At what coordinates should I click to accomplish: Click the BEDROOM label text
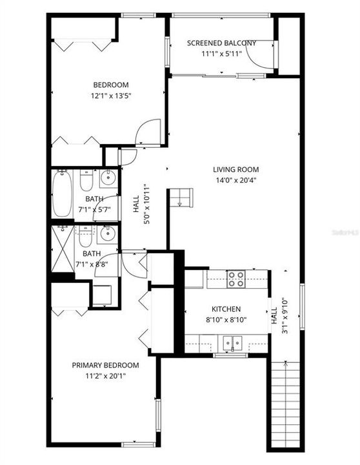[x=111, y=85]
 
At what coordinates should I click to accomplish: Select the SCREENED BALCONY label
[x=221, y=43]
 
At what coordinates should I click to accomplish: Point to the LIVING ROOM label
[x=236, y=170]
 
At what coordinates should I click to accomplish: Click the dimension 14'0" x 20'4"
[x=236, y=181]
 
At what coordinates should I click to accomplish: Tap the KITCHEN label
[x=226, y=309]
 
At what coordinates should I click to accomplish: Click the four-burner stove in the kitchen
[x=236, y=279]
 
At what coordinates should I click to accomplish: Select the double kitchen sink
[x=232, y=342]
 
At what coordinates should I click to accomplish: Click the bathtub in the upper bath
[x=62, y=193]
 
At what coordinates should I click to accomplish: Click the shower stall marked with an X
[x=63, y=248]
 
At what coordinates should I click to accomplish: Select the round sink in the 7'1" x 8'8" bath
[x=108, y=233]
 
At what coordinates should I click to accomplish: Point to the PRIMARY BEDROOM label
[x=105, y=365]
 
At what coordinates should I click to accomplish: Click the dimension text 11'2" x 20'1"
[x=105, y=377]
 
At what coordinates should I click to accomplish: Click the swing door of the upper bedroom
[x=146, y=132]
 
